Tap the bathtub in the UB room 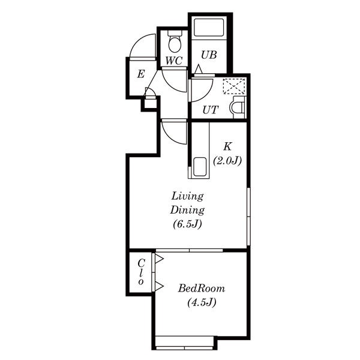coord(209,28)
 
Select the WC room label coord(174,61)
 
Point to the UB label coord(209,55)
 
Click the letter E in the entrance coord(141,74)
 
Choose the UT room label coord(210,110)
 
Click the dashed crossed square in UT coord(234,86)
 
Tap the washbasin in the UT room coord(238,107)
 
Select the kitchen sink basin coord(200,167)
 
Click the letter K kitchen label coord(227,146)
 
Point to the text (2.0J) coord(227,161)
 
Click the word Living coord(188,197)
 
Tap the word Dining coord(187,211)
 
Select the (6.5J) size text coord(187,224)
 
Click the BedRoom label coord(202,289)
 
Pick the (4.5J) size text coord(202,302)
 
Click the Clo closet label coord(141,272)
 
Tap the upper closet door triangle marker coord(159,259)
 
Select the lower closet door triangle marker coord(159,286)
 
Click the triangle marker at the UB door coord(199,69)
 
